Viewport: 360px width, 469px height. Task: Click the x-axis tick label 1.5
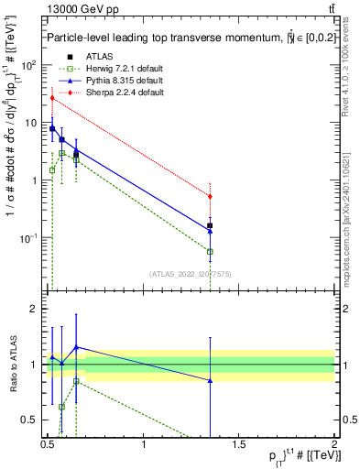pos(239,445)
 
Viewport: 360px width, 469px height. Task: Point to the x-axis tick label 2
pos(334,445)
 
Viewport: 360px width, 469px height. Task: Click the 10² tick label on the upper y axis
pos(29,66)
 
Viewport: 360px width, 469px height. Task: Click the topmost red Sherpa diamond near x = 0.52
pos(52,98)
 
